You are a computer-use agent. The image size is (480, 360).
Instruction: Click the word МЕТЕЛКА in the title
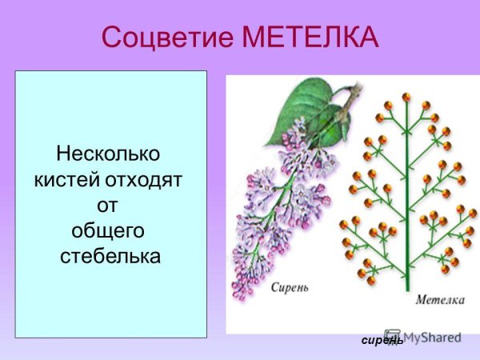pos(313,38)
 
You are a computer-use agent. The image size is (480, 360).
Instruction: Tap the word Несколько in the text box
pos(109,152)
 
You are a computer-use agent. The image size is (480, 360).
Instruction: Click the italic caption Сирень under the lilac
pos(289,287)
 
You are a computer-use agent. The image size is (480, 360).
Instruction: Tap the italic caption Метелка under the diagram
pos(441,300)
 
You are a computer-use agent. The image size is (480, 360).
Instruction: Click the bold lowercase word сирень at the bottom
pos(382,341)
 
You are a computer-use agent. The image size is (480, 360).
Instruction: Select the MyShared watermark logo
pos(424,337)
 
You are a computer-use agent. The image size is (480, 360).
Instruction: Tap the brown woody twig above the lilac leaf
pos(347,100)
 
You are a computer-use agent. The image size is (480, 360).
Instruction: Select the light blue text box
pos(111,204)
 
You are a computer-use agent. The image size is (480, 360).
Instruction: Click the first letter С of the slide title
pos(113,38)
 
